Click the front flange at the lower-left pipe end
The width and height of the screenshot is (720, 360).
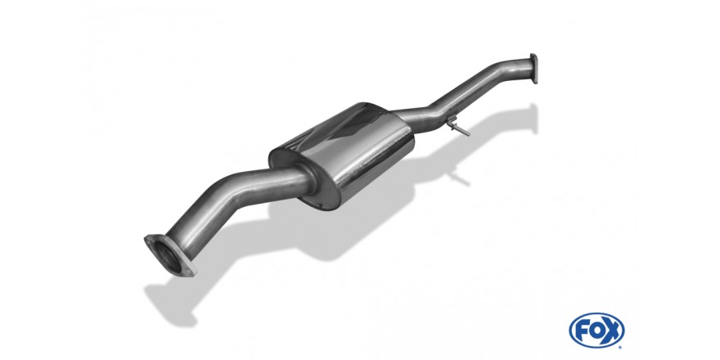tap(170, 255)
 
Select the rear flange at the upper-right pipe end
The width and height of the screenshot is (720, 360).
tap(533, 69)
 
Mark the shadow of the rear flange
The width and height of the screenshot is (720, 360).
tap(533, 119)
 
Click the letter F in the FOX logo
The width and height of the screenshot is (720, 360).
tap(580, 331)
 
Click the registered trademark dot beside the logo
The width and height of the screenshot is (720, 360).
tap(622, 346)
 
